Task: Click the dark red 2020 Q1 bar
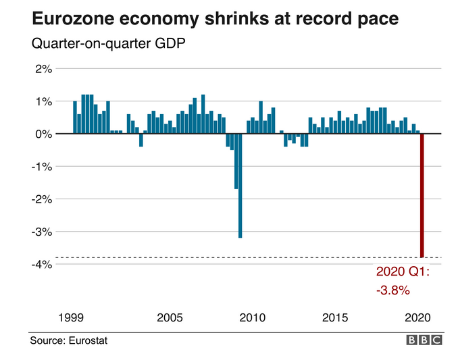pos(422,195)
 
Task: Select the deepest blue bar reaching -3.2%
pos(240,185)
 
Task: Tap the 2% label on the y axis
pos(43,69)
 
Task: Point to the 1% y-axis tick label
pos(43,101)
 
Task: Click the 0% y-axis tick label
pos(43,134)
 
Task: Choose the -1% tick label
pos(41,166)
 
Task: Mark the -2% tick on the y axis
pos(41,199)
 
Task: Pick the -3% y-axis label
pos(41,231)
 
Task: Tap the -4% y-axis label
pos(41,263)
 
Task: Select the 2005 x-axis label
pos(170,317)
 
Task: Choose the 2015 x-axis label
pos(335,317)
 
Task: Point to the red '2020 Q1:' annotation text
pos(403,274)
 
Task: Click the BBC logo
pos(424,340)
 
